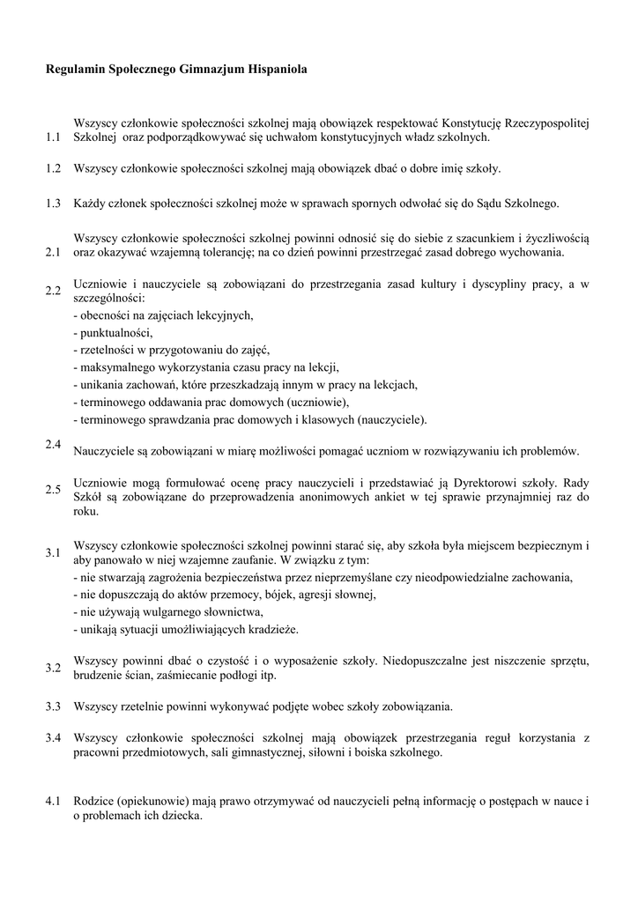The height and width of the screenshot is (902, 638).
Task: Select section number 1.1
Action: [x=53, y=137]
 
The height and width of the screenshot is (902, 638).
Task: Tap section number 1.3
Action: [x=53, y=203]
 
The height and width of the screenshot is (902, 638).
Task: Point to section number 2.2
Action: [x=53, y=291]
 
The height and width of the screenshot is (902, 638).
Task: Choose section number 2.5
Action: [x=53, y=489]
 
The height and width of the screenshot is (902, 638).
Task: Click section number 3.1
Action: [x=53, y=552]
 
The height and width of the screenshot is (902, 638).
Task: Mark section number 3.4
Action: [x=53, y=736]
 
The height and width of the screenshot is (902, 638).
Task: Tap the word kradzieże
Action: [x=272, y=629]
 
